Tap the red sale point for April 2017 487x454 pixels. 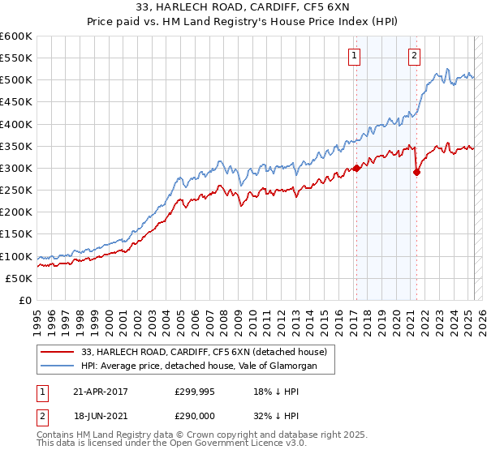[356, 169]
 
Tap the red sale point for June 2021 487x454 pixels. [416, 172]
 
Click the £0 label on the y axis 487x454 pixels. [25, 300]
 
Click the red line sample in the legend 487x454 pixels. [57, 352]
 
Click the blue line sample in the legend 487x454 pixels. [57, 366]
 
